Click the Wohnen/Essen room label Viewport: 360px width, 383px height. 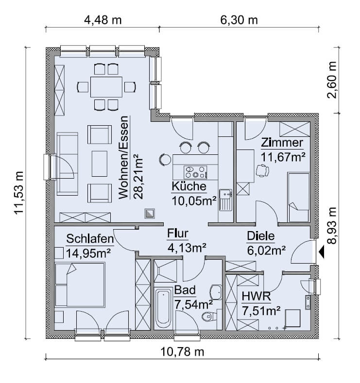tap(124, 158)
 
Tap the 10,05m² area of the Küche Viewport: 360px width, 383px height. tap(194, 201)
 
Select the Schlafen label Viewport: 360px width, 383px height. tap(90, 239)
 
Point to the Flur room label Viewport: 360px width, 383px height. tap(178, 233)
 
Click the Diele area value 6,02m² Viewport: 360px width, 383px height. tap(266, 250)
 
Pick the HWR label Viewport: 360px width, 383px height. tap(257, 296)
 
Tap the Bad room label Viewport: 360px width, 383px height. tap(185, 290)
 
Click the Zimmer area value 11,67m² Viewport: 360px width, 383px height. tap(283, 157)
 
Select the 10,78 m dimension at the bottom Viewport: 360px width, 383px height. tap(182, 352)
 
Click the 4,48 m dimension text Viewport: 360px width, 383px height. tap(103, 20)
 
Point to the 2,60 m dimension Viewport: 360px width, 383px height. tap(332, 80)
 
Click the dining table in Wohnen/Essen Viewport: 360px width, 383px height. tap(106, 87)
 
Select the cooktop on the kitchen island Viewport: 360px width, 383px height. tap(195, 172)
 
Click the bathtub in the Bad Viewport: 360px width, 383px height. tap(163, 309)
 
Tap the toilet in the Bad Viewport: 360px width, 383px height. tap(209, 317)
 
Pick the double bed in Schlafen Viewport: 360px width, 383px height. tap(80, 284)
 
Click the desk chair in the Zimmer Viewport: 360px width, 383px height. tap(262, 170)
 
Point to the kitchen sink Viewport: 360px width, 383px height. tap(225, 200)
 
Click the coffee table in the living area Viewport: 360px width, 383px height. tap(100, 164)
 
